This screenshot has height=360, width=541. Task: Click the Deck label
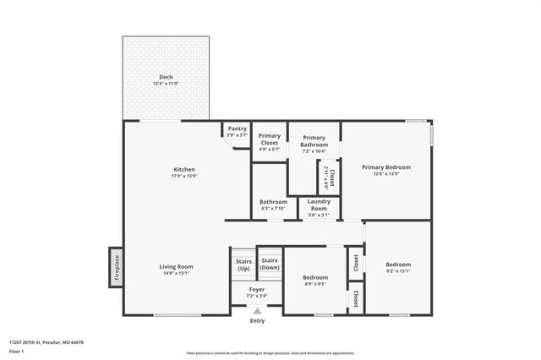coord(166,77)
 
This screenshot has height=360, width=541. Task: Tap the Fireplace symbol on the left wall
coord(115,266)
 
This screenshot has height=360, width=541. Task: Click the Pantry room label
coord(237,128)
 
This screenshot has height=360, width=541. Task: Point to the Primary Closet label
coord(270,139)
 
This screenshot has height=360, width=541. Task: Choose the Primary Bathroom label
coord(314,141)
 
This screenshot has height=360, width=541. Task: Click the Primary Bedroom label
coord(385,167)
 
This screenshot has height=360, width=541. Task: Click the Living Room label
coord(177,267)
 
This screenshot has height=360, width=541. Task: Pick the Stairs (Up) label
coord(243,265)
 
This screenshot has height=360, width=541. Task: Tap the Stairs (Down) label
coord(270,264)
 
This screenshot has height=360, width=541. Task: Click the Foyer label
coord(256,289)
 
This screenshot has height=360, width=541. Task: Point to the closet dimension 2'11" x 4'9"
coord(326,178)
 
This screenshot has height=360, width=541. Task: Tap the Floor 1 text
coord(18,351)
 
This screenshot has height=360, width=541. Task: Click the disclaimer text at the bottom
coord(270,353)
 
